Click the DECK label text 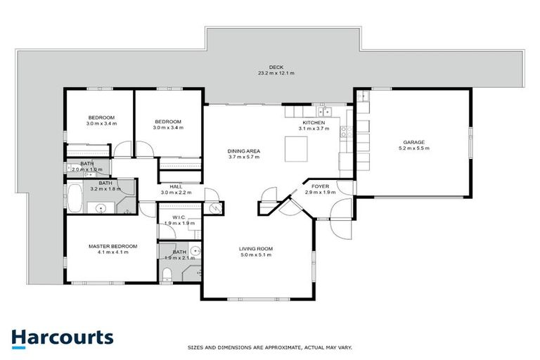(x=266, y=67)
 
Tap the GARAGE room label (x=411, y=143)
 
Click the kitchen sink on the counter (x=325, y=111)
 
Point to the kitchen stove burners (x=345, y=130)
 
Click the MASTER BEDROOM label (x=112, y=246)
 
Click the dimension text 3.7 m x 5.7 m (x=244, y=157)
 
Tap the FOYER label (x=321, y=186)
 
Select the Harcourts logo (x=63, y=337)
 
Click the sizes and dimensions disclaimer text (x=269, y=347)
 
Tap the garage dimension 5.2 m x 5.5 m (x=411, y=148)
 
